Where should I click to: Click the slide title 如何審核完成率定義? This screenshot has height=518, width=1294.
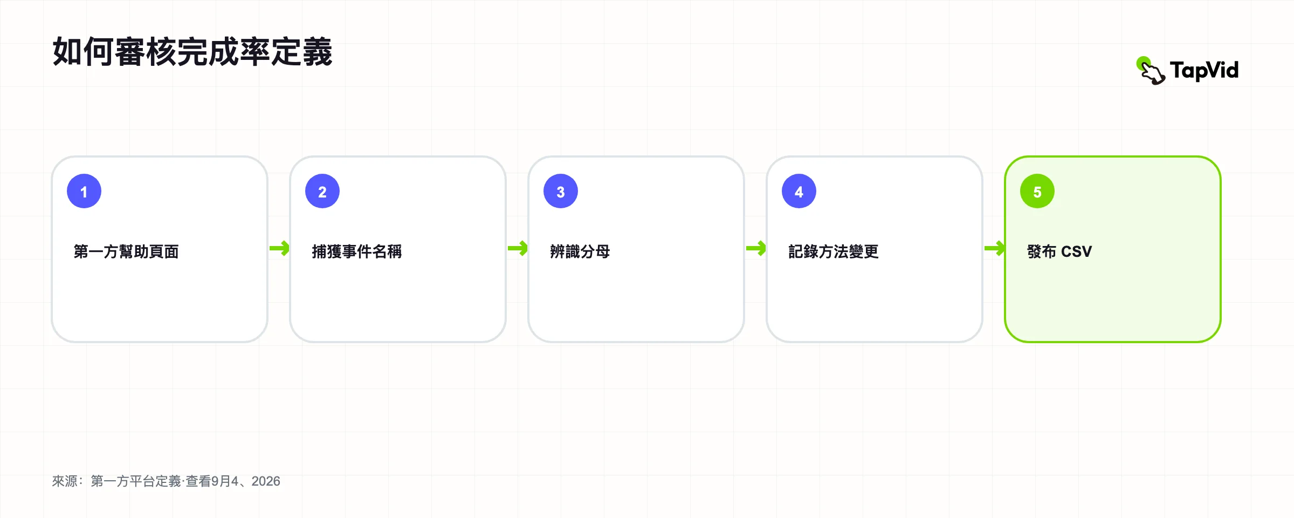192,52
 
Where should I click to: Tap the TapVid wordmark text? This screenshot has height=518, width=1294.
1204,71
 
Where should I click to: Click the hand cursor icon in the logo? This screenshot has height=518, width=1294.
1151,71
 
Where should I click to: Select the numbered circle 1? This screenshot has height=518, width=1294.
84,191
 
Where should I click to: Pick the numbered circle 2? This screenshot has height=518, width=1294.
322,191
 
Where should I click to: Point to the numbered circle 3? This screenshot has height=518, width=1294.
561,191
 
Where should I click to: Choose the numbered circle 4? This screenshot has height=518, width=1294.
799,191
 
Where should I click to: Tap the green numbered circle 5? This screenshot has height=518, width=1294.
1037,191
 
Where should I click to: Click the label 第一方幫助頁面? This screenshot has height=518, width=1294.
126,251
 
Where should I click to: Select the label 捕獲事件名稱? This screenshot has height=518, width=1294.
357,251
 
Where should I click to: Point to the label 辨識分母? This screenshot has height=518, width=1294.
580,251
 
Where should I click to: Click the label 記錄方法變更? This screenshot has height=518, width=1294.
834,251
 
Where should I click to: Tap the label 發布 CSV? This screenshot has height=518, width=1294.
1059,251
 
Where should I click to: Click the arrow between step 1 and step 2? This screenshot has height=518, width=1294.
279,249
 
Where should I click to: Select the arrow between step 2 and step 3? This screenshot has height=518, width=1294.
518,249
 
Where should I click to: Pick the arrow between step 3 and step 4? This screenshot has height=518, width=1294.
756,249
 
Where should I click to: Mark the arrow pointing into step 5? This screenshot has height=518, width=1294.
994,249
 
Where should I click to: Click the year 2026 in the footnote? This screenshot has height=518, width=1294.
266,481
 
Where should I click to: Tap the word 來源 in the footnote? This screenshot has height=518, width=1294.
65,481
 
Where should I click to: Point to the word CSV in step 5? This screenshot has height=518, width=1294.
1077,251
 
